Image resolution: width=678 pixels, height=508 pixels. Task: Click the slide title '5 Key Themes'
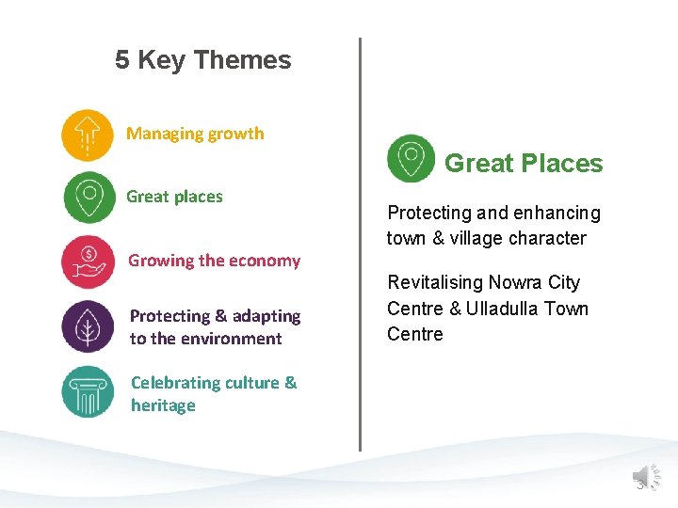pos(203,60)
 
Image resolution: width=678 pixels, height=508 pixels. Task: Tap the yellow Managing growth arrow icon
pos(87,135)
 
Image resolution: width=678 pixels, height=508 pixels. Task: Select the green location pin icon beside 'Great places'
pos(89,198)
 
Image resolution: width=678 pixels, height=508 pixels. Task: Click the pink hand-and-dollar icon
pos(88,261)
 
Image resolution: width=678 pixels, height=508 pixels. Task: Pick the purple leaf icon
pos(88,326)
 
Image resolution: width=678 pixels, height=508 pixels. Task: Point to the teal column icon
pos(88,392)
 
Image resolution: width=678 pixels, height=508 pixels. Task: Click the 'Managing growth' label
pos(195,134)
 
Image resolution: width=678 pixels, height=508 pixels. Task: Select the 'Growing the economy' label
pos(214,261)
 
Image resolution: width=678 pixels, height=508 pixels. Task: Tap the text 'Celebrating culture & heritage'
pos(213,394)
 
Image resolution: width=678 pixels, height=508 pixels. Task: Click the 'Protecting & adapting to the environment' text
pos(215,327)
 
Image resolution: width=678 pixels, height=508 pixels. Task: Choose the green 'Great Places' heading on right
pos(523,164)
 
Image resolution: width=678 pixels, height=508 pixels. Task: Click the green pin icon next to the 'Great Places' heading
pos(411,158)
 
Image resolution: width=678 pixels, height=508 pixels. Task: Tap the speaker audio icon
pos(645,478)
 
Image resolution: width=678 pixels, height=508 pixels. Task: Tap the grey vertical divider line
pos(360,245)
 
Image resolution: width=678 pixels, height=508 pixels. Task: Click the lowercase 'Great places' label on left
pos(174,197)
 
